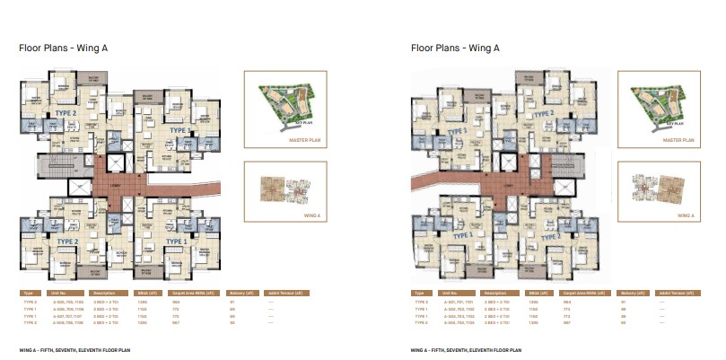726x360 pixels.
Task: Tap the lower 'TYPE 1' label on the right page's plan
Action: click(x=464, y=234)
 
